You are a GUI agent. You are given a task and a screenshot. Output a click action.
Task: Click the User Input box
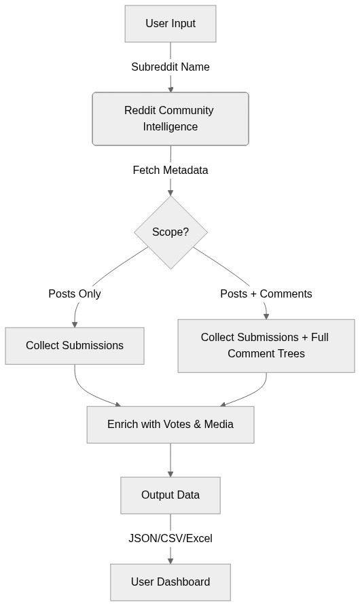tap(170, 24)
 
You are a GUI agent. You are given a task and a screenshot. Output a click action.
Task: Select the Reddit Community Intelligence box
tap(170, 119)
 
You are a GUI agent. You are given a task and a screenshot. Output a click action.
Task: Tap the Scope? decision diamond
tap(170, 232)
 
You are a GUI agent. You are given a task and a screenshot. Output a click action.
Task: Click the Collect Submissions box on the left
tap(75, 346)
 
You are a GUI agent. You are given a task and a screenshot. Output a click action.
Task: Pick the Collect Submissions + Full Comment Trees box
tap(266, 346)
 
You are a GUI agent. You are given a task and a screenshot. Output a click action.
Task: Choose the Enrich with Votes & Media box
tap(170, 425)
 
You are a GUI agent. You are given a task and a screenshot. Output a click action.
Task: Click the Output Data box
tap(170, 495)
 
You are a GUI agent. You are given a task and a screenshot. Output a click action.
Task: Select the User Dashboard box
tap(170, 582)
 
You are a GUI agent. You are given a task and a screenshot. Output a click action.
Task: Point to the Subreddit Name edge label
tap(170, 67)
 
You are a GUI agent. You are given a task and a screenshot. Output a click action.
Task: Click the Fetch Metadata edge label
tap(170, 171)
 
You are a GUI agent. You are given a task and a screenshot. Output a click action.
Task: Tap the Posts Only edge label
tap(75, 294)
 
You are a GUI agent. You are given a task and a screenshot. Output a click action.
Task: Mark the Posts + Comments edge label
tap(266, 294)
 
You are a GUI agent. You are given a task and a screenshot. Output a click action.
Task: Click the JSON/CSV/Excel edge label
tap(170, 539)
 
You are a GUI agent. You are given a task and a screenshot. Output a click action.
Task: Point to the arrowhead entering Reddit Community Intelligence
tap(170, 89)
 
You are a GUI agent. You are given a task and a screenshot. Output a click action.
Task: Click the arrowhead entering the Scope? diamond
tap(170, 192)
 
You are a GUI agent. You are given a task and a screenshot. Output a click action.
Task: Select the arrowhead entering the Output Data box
tap(170, 474)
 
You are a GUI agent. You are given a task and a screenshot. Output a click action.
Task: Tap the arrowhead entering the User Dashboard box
tap(170, 560)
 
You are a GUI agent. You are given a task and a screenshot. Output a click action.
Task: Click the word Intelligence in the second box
tap(170, 127)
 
